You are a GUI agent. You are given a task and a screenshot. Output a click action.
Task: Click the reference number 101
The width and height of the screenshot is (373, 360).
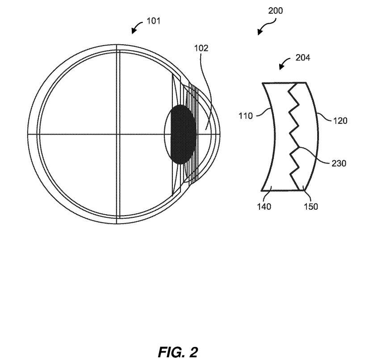(x=153, y=21)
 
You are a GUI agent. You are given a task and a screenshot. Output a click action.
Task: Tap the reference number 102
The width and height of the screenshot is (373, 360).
(x=201, y=48)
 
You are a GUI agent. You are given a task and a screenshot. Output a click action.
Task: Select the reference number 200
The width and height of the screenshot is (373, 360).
(x=276, y=11)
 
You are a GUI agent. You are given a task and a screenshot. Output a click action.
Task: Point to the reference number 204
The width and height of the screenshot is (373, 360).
(x=303, y=58)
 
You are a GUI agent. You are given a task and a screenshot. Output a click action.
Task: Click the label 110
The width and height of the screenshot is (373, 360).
(x=246, y=116)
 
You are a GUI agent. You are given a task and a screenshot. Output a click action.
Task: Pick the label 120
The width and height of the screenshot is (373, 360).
(x=340, y=121)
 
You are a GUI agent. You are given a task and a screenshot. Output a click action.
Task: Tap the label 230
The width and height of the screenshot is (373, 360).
(x=339, y=163)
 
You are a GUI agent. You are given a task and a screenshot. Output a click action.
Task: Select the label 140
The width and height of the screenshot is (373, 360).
(x=264, y=207)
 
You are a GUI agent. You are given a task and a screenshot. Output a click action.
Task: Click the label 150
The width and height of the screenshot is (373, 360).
(x=310, y=207)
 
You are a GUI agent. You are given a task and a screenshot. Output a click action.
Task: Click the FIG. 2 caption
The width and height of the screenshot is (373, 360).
(x=178, y=352)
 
